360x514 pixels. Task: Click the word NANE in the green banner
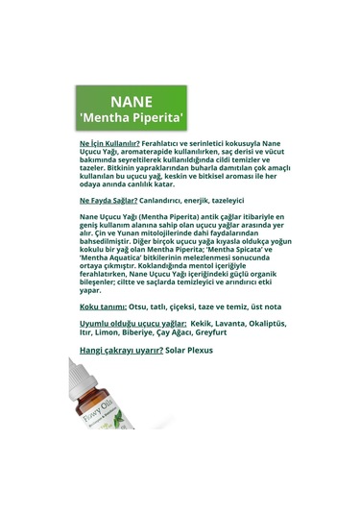[x=132, y=101]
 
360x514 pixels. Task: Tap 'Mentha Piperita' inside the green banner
[x=132, y=119]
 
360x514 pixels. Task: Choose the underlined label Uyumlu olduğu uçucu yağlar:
[x=132, y=325]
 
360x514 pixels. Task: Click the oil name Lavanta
[x=230, y=325]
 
